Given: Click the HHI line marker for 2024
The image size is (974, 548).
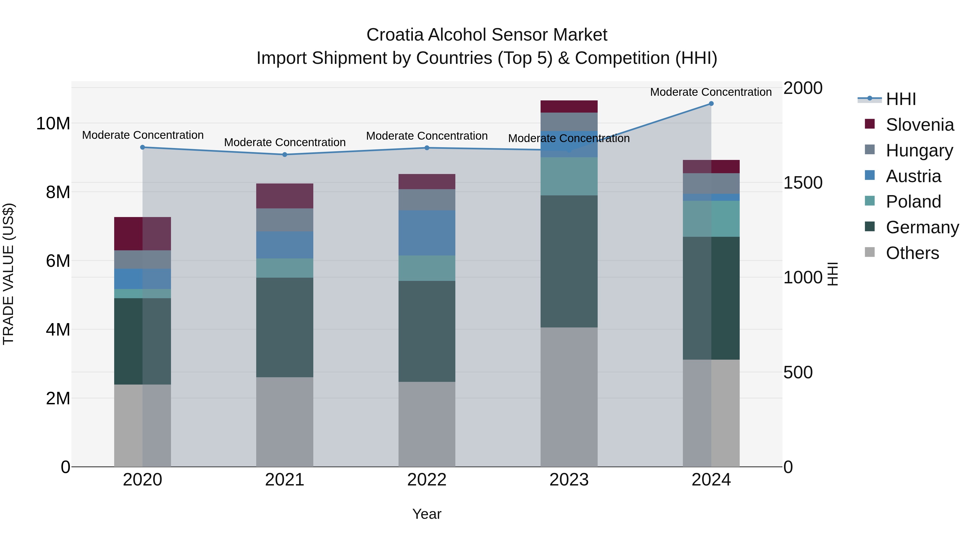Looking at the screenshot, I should pos(711,104).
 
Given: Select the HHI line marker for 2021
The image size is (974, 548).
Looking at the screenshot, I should pos(285,155).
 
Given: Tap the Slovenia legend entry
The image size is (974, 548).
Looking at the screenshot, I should pos(920,125).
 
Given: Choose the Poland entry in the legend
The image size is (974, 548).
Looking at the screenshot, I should pos(913,202).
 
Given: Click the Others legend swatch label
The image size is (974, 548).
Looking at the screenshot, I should pos(912,253).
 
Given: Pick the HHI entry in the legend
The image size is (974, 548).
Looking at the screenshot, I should pos(901,99).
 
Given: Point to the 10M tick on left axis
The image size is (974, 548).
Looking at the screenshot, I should pos(53,124).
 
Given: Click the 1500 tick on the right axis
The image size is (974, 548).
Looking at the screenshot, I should pos(803,183).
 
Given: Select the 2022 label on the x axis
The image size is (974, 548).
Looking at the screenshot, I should pos(426,480).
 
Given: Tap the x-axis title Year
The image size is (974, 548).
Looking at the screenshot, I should pos(426,514).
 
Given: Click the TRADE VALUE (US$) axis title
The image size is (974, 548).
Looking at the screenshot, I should pos(8,274).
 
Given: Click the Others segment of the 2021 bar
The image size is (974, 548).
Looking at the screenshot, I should pos(285,422).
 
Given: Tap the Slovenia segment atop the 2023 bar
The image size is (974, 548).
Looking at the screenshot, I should pos(569,106).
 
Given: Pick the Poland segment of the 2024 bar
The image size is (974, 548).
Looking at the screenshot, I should pos(711,219).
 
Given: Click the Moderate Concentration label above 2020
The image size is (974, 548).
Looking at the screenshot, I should pos(143,135).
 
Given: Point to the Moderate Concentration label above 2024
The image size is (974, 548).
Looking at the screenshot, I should pos(710,92).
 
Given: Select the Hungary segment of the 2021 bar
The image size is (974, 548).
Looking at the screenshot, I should pos(285,220).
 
